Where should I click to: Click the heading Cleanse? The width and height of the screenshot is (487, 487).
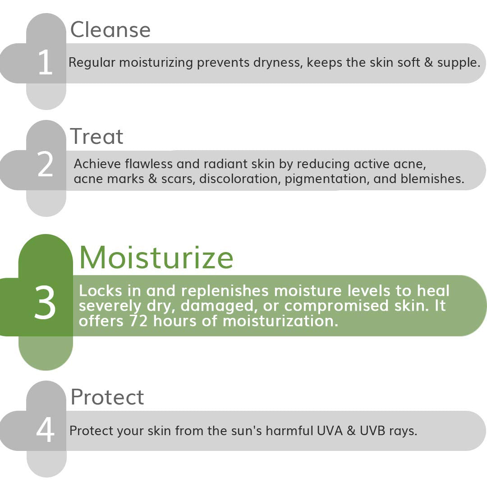tap(110, 30)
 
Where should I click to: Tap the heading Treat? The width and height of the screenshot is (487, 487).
tap(96, 136)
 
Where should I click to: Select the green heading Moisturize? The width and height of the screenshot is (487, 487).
tap(156, 257)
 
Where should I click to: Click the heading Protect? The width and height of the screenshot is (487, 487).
tap(107, 397)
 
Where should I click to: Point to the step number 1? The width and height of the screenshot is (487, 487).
tap(45, 63)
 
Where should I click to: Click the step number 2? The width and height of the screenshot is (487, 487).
tap(46, 165)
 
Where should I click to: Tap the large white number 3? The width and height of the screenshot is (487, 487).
tap(45, 303)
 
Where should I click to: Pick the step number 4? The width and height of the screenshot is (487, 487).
tap(45, 431)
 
